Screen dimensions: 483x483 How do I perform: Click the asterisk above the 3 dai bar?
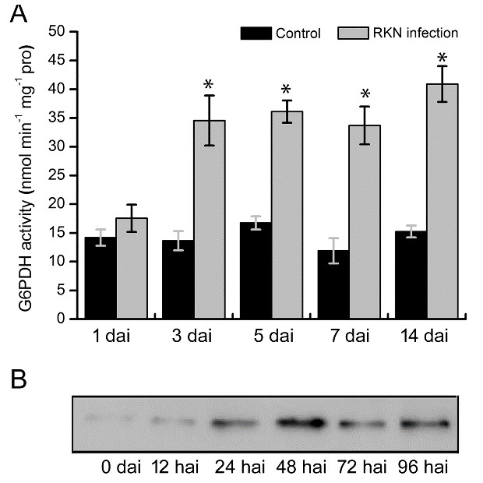coord(209,86)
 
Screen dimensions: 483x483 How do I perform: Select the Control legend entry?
coord(280,33)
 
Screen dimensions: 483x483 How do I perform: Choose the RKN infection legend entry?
coord(398,33)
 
